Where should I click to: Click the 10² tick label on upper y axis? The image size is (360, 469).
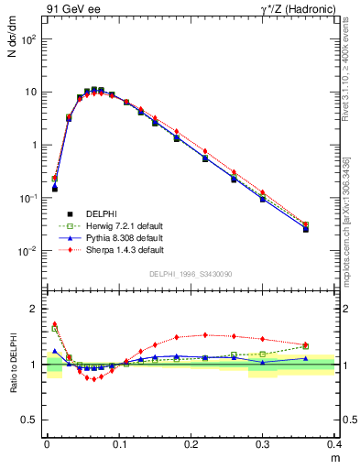(x=31, y=39)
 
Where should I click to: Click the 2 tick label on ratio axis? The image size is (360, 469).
(x=38, y=309)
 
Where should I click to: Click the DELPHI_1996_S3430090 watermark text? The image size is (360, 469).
(x=190, y=275)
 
